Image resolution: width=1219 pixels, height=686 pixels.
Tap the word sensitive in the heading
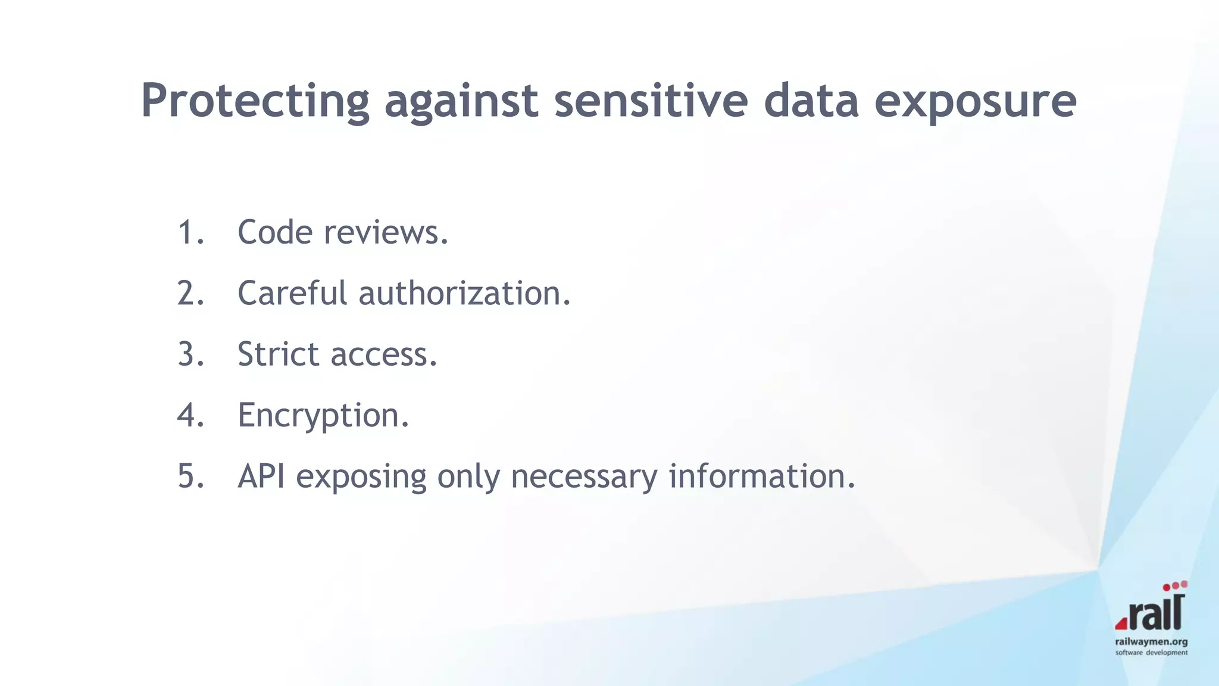click(x=651, y=100)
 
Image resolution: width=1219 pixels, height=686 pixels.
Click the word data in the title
click(x=811, y=100)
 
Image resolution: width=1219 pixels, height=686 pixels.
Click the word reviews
click(x=386, y=232)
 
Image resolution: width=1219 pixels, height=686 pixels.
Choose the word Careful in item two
click(x=292, y=294)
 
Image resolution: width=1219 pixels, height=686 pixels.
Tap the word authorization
click(x=464, y=294)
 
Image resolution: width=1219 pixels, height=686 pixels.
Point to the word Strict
click(x=278, y=354)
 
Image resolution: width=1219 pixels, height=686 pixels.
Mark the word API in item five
click(x=261, y=476)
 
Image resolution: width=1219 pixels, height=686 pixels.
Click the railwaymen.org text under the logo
click(x=1151, y=642)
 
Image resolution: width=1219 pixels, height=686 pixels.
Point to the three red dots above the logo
click(x=1175, y=586)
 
